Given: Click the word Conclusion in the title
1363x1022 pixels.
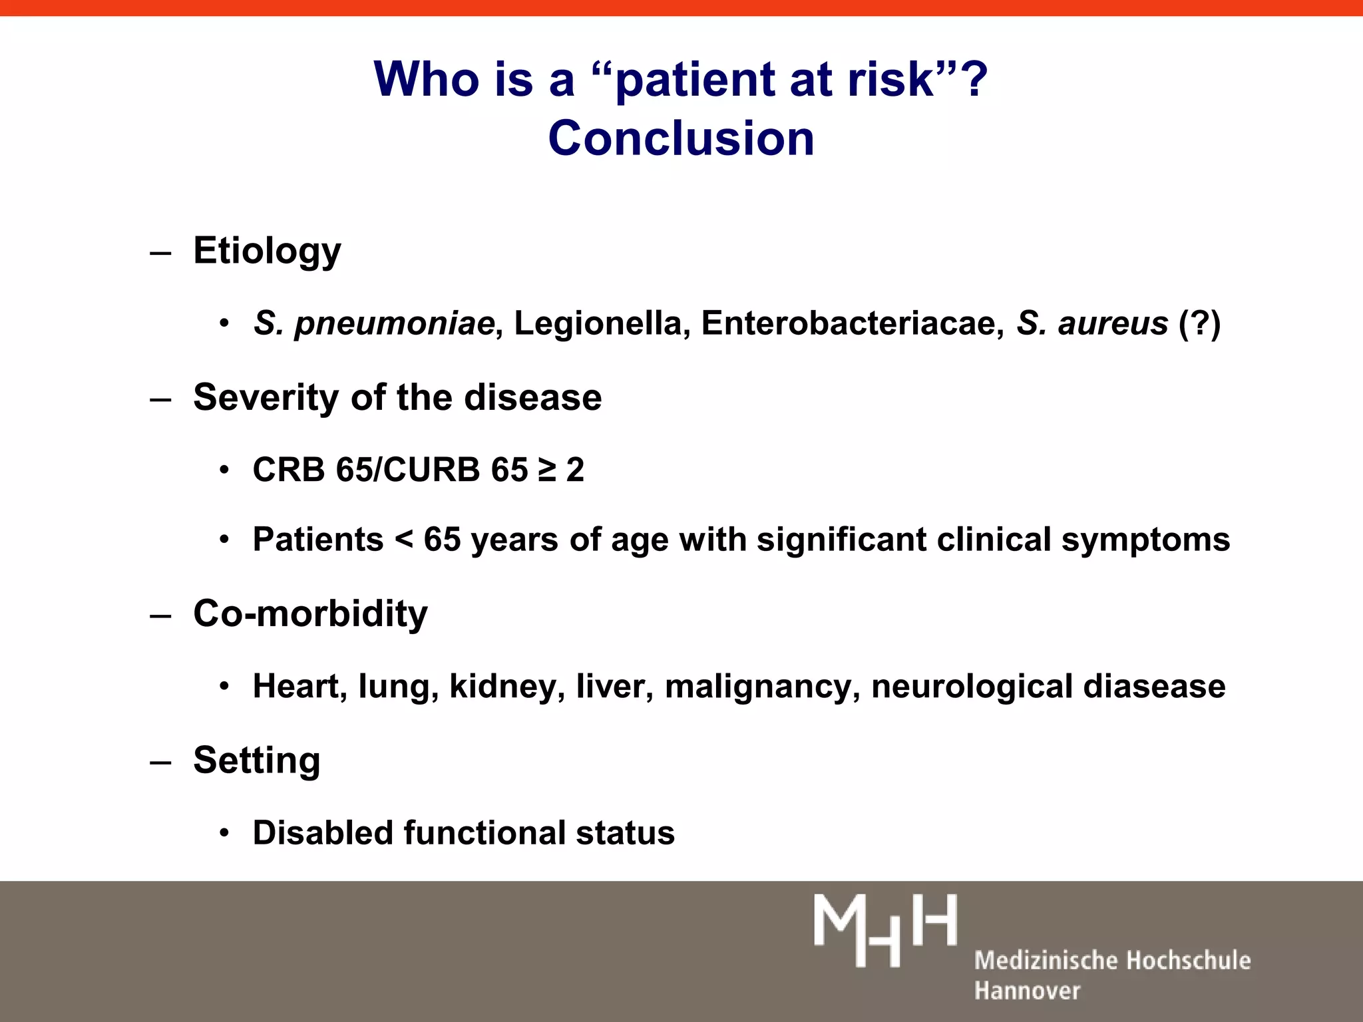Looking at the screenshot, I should click(x=681, y=138).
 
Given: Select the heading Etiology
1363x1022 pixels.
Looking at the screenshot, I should click(x=267, y=252).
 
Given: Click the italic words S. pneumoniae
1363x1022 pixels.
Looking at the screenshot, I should click(x=373, y=323).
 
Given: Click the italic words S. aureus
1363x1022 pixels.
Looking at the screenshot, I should click(x=1092, y=323).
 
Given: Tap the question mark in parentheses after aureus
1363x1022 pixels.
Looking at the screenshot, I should click(x=1200, y=323).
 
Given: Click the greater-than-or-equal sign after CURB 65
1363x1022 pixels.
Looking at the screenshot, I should click(x=546, y=470).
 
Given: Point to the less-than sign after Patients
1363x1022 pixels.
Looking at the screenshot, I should click(x=403, y=540).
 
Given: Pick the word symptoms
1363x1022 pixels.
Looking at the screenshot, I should click(x=1145, y=540).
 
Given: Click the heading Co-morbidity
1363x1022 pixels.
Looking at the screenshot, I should click(x=310, y=613).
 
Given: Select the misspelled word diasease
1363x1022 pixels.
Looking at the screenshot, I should click(x=1154, y=686).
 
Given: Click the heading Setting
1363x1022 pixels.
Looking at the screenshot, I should click(x=257, y=760).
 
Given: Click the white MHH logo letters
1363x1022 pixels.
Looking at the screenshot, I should click(x=885, y=930).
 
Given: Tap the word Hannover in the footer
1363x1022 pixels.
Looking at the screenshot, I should click(x=1027, y=991).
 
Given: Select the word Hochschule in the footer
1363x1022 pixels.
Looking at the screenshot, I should click(x=1189, y=961).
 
